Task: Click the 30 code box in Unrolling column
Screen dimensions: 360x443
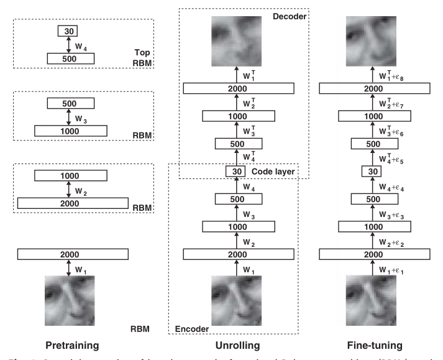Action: point(235,172)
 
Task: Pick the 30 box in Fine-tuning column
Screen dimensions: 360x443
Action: point(371,172)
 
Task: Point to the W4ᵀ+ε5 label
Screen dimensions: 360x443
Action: point(398,158)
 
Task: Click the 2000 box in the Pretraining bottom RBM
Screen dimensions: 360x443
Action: point(73,254)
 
